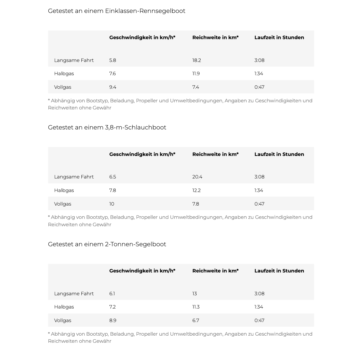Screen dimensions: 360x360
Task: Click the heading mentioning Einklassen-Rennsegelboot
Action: click(x=117, y=11)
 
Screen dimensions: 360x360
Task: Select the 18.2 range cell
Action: click(x=197, y=60)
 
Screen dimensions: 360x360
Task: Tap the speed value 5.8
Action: click(x=112, y=60)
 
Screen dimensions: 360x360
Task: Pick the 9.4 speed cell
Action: click(x=112, y=87)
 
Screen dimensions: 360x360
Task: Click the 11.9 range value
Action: click(x=196, y=74)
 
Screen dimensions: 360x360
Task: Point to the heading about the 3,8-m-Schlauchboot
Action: click(x=107, y=128)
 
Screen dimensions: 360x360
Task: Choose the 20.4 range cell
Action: click(x=197, y=177)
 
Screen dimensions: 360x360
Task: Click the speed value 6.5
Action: click(x=112, y=177)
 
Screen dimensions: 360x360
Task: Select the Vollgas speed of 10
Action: click(x=112, y=204)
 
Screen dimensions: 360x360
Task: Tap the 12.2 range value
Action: click(x=196, y=190)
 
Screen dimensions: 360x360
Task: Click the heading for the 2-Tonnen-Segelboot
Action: click(x=107, y=244)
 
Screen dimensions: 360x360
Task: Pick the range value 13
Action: click(x=194, y=294)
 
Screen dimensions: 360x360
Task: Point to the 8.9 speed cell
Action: click(x=112, y=321)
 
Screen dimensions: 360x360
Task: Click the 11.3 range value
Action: click(x=196, y=307)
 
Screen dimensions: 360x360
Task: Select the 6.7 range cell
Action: click(x=196, y=321)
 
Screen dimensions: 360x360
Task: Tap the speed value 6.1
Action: click(x=112, y=294)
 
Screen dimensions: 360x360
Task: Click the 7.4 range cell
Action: click(x=195, y=87)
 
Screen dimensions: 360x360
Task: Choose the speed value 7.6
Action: click(x=112, y=74)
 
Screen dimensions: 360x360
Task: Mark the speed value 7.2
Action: click(x=112, y=307)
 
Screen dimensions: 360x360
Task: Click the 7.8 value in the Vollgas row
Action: click(x=195, y=204)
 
